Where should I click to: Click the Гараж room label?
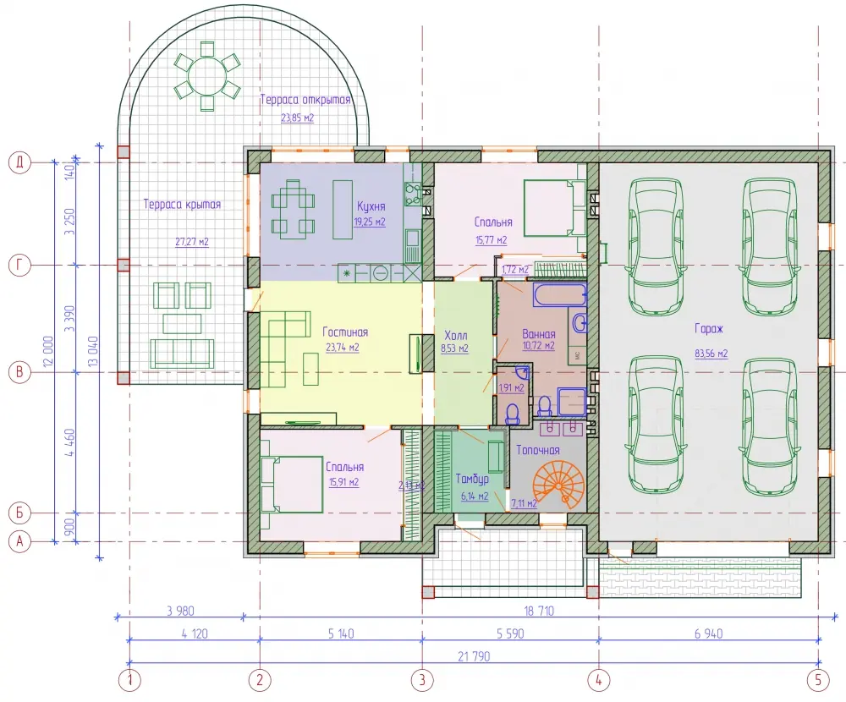click(x=708, y=329)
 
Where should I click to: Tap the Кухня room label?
click(x=371, y=206)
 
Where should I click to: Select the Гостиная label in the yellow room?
click(x=345, y=332)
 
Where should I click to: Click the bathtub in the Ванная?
click(x=560, y=295)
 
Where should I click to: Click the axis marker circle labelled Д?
click(x=20, y=162)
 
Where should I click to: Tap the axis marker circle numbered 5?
click(x=818, y=679)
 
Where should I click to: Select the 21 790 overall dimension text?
click(x=474, y=656)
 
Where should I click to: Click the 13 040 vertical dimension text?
click(x=93, y=352)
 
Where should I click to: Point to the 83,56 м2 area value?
click(x=711, y=354)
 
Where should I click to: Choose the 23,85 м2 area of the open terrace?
click(x=297, y=118)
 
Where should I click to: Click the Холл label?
click(x=455, y=335)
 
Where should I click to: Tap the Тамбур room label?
click(x=472, y=480)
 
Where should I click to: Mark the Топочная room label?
click(x=538, y=450)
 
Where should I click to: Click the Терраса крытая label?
click(x=183, y=205)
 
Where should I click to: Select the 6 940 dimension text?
click(x=709, y=634)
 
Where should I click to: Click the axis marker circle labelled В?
click(x=20, y=372)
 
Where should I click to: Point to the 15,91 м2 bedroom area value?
click(x=343, y=482)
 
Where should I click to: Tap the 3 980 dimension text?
click(x=180, y=612)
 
